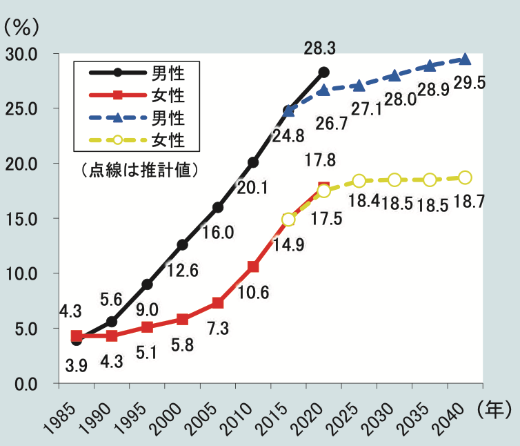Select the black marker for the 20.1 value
[x=253, y=162]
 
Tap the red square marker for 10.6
[x=253, y=266]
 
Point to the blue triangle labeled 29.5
[x=465, y=59]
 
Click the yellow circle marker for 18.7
[x=465, y=177]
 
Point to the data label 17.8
[x=320, y=160]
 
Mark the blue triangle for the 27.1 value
[x=359, y=86]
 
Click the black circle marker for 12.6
[x=182, y=244]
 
